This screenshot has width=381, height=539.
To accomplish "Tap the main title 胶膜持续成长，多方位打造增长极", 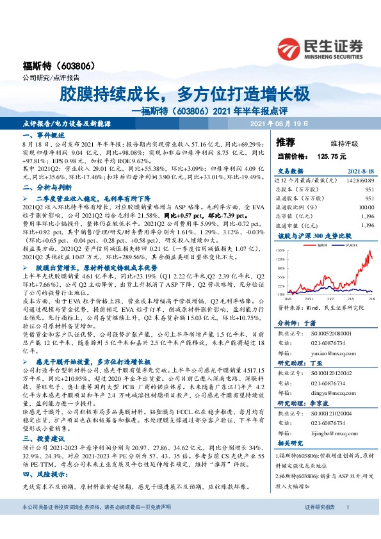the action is click(185, 94).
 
